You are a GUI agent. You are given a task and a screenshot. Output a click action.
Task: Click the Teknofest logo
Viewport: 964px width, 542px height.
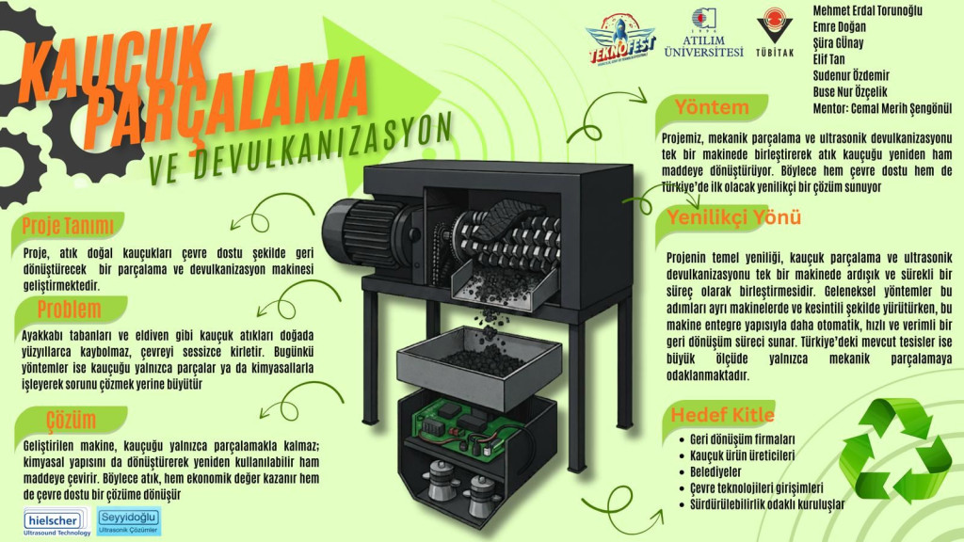tap(620, 38)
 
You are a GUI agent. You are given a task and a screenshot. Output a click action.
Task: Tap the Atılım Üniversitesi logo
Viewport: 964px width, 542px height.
tap(704, 33)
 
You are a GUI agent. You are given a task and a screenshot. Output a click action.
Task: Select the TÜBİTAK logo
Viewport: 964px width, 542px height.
tap(775, 33)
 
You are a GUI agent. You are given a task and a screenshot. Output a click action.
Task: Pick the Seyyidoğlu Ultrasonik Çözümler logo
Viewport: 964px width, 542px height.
tap(129, 521)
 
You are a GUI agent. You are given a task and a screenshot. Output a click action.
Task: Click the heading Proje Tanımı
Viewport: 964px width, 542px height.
tap(68, 226)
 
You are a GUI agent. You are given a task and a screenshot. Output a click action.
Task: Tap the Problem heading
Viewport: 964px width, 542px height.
tap(69, 309)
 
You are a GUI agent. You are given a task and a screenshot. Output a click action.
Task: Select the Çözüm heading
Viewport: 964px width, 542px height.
tap(71, 420)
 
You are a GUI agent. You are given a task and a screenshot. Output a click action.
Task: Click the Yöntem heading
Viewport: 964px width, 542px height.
tap(712, 107)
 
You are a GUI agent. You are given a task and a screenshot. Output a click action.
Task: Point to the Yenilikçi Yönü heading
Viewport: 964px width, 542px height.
tap(734, 217)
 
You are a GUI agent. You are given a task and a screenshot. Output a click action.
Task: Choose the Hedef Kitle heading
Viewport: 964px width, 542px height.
tap(722, 415)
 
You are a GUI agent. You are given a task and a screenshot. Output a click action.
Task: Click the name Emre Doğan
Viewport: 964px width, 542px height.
tap(839, 27)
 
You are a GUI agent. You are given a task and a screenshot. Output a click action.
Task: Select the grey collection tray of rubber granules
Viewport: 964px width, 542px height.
tap(479, 369)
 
